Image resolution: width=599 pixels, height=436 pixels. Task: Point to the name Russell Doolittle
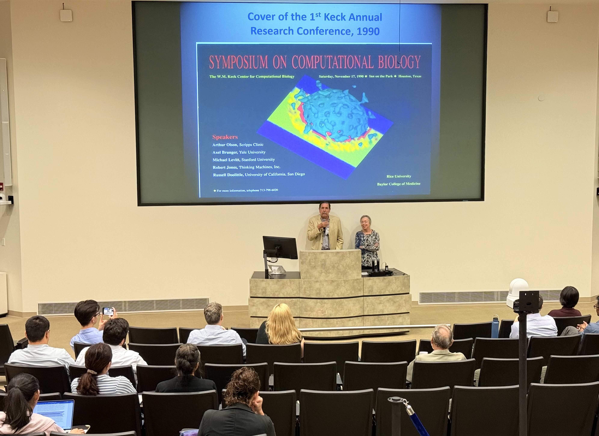(x=228, y=175)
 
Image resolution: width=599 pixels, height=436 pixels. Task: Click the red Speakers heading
(x=225, y=137)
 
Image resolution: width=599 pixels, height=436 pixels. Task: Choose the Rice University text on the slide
(x=399, y=176)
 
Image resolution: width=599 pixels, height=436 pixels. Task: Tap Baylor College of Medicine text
(x=399, y=184)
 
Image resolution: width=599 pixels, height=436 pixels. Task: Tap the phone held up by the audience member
(x=108, y=311)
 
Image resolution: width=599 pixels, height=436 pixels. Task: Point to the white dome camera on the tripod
(x=517, y=293)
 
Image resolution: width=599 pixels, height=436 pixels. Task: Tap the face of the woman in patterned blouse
(x=366, y=223)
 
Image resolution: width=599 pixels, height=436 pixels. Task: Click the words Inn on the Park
(x=381, y=76)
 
